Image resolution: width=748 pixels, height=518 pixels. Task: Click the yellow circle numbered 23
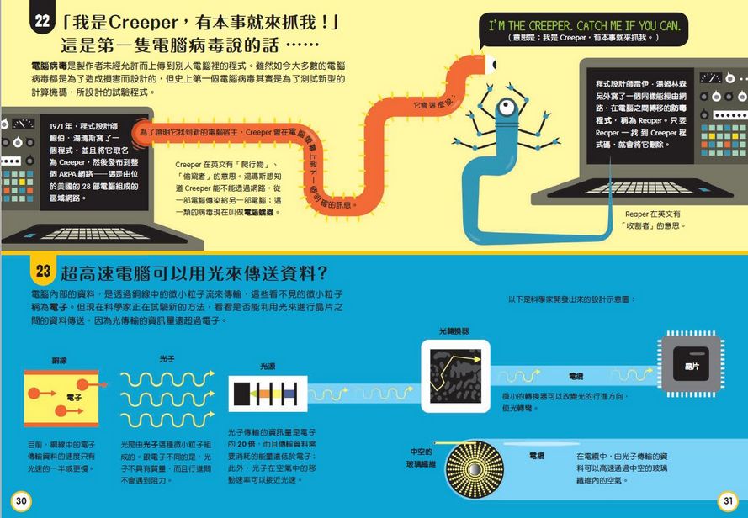[x=44, y=271]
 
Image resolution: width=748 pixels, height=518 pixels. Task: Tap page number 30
[x=22, y=502]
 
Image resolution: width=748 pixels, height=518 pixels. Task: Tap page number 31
[x=726, y=502]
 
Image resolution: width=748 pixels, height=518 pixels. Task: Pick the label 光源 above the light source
[x=267, y=367]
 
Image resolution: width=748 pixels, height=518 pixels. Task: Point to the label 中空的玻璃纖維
[x=422, y=457]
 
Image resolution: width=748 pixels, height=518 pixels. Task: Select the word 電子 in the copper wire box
[x=74, y=396]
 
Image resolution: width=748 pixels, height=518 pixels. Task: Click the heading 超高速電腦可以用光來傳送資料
[x=194, y=272]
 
